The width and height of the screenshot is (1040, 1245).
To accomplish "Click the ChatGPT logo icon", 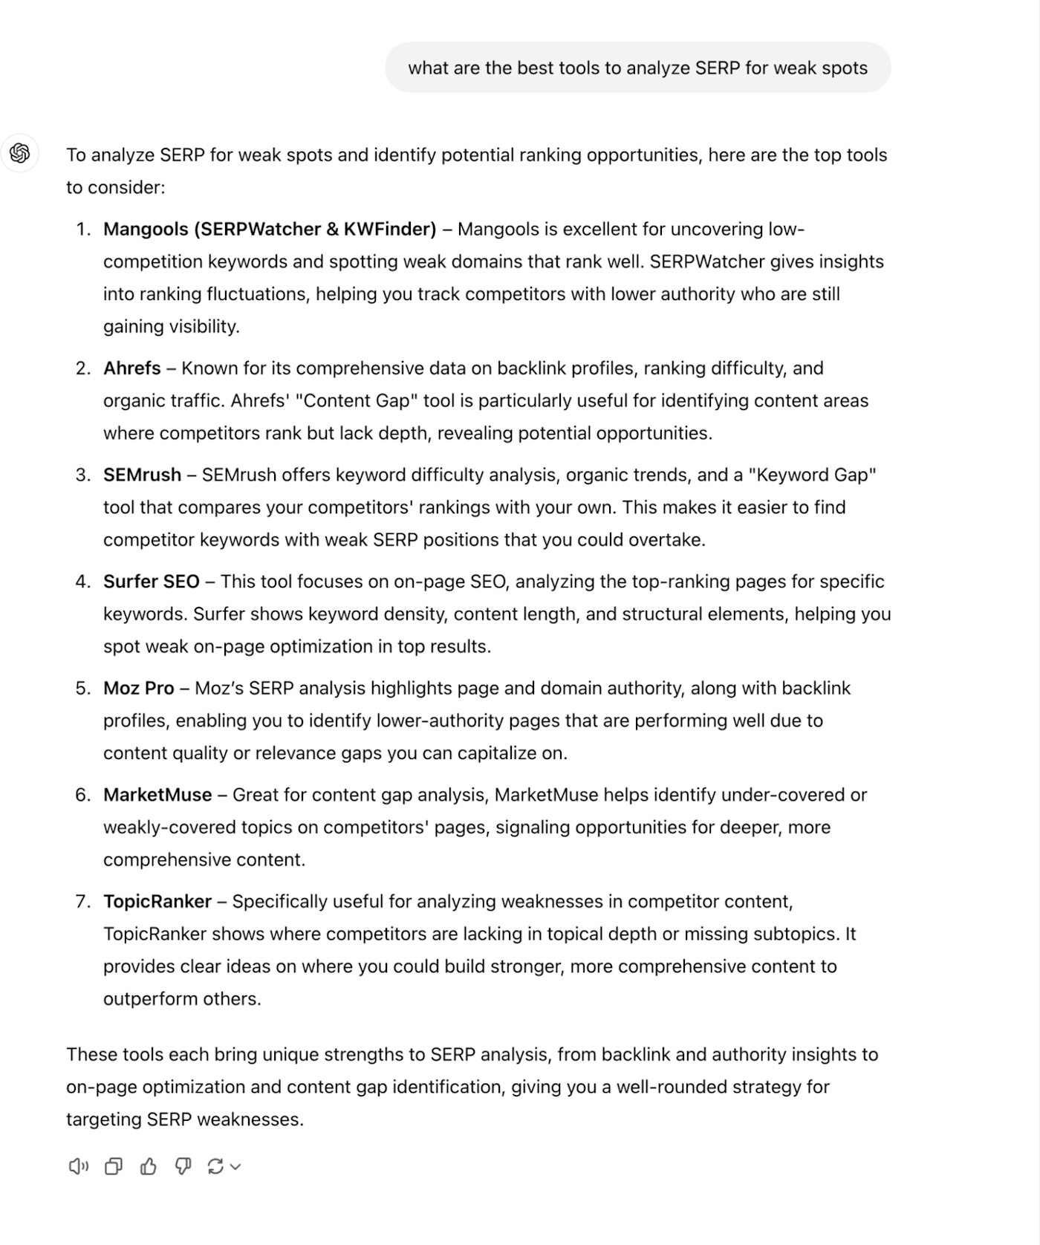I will (20, 153).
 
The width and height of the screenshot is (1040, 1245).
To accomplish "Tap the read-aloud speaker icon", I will (78, 1166).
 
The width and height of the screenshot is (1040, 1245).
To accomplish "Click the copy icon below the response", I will (113, 1166).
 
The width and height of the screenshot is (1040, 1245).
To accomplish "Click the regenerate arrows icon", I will (215, 1166).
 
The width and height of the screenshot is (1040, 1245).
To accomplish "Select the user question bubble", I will (637, 68).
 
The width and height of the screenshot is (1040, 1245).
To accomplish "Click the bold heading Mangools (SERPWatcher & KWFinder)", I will (270, 229).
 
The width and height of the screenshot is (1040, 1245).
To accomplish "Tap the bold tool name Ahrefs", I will (132, 368).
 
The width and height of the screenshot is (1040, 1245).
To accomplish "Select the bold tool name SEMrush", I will (142, 475).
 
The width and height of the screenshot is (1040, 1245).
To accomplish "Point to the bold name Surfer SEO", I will (152, 581).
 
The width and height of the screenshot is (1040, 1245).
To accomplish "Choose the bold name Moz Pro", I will (139, 688).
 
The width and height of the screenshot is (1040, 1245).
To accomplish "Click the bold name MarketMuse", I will (157, 795).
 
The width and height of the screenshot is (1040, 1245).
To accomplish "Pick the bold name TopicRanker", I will (157, 901).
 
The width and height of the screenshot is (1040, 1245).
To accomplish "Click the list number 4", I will (82, 581).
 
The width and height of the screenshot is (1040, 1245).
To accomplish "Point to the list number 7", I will (82, 901).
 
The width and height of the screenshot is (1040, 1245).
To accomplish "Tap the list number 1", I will (82, 229).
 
